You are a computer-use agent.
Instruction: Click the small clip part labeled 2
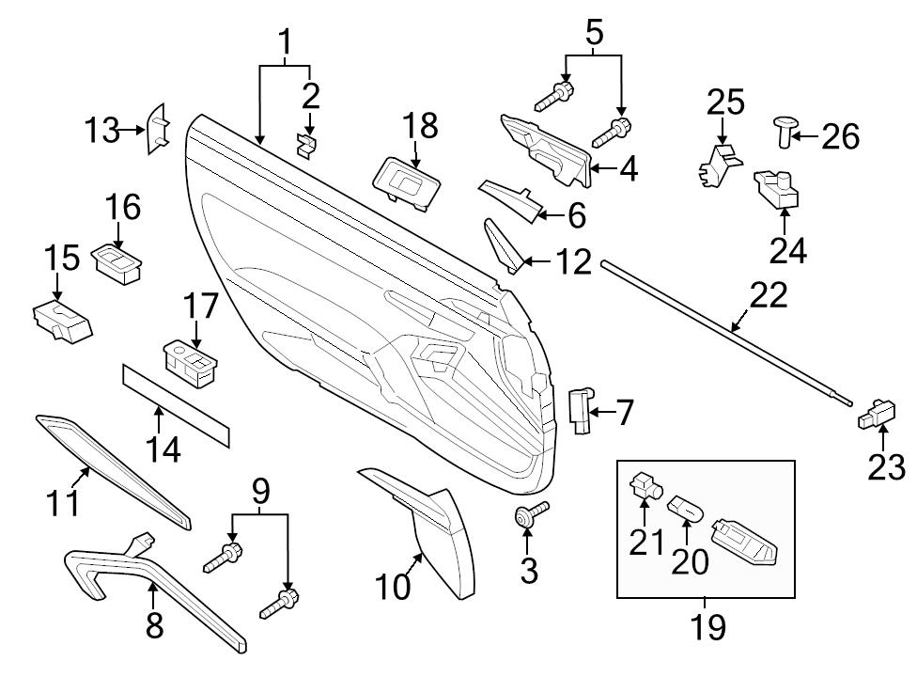(307, 143)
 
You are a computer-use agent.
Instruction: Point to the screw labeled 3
(525, 515)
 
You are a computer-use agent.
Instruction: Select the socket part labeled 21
(645, 485)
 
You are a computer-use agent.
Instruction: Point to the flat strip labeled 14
(176, 402)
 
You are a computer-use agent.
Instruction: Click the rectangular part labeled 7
(582, 411)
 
